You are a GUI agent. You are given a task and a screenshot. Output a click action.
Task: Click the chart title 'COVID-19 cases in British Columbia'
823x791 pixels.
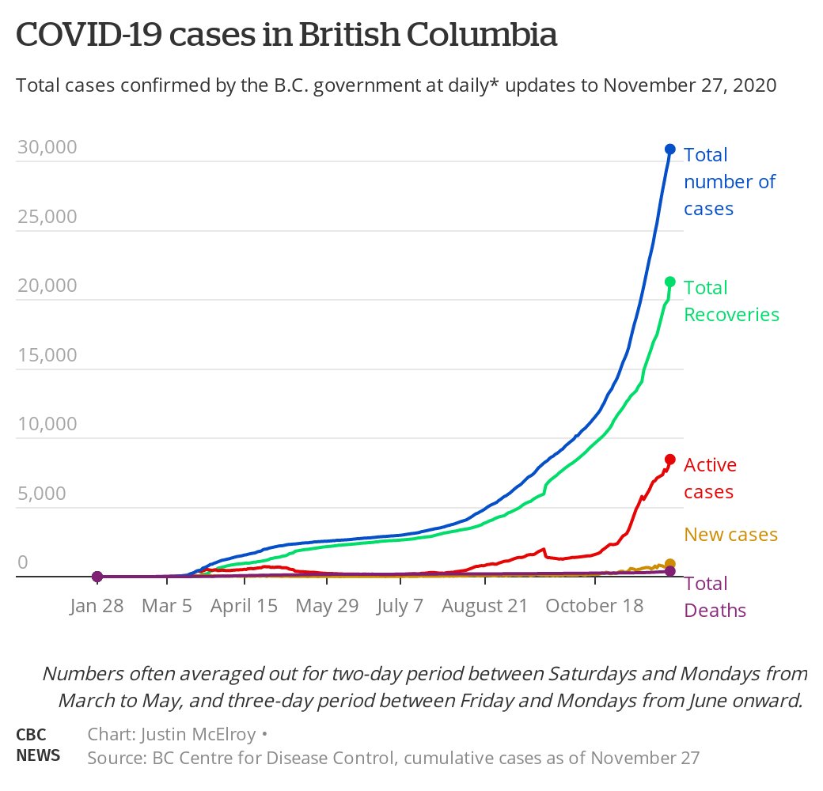(x=287, y=36)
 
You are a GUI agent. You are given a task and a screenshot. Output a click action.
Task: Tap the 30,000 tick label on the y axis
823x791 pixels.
(x=47, y=148)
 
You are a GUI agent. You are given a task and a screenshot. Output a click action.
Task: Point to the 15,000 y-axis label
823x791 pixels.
(x=47, y=355)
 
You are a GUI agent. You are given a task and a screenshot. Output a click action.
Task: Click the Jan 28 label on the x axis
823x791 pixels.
(x=97, y=606)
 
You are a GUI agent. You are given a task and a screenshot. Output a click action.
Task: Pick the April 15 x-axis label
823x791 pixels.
(x=245, y=606)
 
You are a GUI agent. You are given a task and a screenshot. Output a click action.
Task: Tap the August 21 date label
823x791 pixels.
(x=484, y=606)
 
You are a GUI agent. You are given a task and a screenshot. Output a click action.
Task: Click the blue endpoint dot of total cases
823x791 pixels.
(x=669, y=149)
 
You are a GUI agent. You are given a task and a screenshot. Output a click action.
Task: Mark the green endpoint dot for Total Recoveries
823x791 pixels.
(x=669, y=282)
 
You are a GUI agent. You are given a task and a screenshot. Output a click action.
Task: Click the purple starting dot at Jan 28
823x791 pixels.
(x=97, y=577)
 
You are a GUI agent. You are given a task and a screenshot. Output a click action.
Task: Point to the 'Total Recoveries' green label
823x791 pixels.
(x=730, y=301)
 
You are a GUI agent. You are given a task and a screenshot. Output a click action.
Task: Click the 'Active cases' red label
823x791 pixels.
(x=709, y=479)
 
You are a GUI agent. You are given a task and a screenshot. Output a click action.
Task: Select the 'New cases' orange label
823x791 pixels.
(x=730, y=535)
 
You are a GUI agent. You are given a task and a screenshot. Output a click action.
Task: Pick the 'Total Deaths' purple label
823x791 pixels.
(x=715, y=597)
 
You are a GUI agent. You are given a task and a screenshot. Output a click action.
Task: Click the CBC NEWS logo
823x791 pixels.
(x=38, y=745)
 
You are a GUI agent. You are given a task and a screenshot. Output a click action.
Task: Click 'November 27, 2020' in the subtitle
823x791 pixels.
(x=689, y=85)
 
